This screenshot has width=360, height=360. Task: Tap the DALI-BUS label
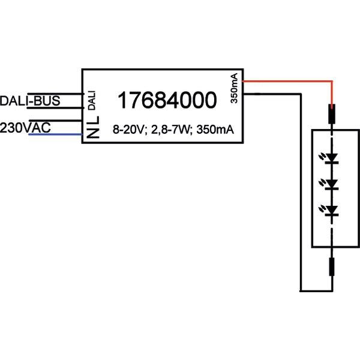[x=30, y=101]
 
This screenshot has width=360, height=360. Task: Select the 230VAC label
[x=25, y=128]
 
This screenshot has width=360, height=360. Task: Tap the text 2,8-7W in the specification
[x=167, y=130]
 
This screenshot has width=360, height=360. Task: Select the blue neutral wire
[x=54, y=135]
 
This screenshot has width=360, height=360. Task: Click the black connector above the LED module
[x=331, y=114]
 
